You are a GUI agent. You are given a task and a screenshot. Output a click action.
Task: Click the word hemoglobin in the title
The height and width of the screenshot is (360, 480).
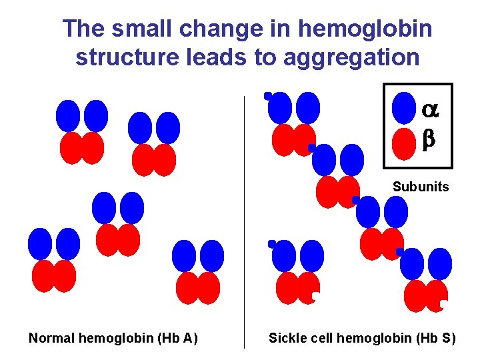(x=365, y=29)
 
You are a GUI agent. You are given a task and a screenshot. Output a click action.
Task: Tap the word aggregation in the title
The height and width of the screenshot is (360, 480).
(x=352, y=57)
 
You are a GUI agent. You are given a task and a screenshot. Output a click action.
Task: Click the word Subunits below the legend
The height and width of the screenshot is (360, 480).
(x=421, y=187)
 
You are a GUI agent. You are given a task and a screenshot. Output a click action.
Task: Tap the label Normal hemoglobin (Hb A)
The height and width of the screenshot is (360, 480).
(x=113, y=339)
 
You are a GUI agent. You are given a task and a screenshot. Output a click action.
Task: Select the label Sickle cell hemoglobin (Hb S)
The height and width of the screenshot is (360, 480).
(x=362, y=339)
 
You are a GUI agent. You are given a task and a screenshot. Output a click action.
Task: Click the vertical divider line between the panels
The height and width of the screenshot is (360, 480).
(x=245, y=220)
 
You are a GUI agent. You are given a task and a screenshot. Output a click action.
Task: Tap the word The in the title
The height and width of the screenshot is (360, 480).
(x=83, y=29)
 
